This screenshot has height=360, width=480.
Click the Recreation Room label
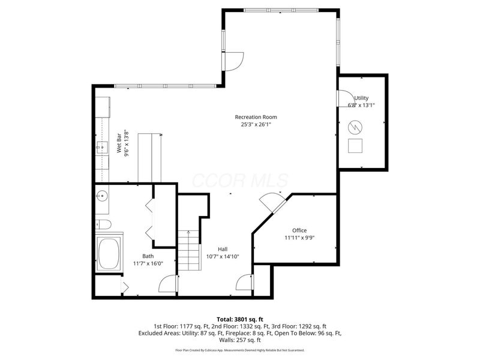(256, 117)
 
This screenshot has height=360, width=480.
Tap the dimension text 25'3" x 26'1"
(256, 125)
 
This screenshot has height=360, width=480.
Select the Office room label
(299, 230)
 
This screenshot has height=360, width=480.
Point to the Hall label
(223, 248)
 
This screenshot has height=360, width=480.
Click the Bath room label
(148, 256)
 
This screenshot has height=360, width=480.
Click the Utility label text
(361, 98)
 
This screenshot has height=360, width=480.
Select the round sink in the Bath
(102, 196)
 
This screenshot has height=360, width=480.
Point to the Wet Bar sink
(101, 148)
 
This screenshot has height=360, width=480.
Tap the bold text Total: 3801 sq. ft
(240, 319)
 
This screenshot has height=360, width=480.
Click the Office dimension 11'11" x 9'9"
(299, 238)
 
